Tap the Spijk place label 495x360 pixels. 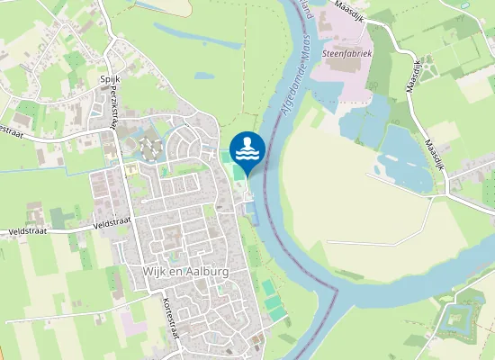pos(110,79)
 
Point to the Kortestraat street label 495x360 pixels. pos(170,318)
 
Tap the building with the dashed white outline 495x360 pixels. pos(148,148)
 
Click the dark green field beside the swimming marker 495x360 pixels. pos(226,157)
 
